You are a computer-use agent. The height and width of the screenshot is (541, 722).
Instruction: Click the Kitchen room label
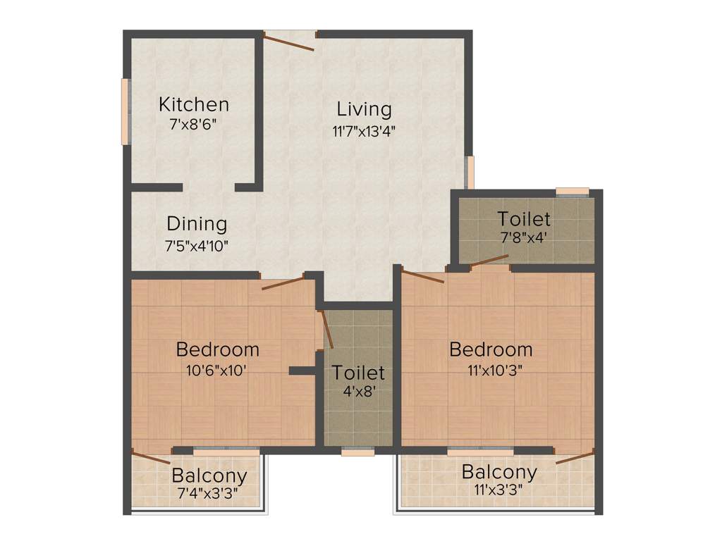pyautogui.click(x=194, y=105)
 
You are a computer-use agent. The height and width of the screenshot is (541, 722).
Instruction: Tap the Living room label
pyautogui.click(x=364, y=109)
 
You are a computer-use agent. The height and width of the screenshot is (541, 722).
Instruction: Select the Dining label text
pyautogui.click(x=197, y=225)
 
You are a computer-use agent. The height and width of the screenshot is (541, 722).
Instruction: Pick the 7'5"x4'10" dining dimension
pyautogui.click(x=197, y=246)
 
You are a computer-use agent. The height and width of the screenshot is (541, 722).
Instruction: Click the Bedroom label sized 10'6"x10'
pyautogui.click(x=217, y=349)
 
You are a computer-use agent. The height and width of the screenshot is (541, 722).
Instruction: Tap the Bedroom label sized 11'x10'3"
pyautogui.click(x=491, y=349)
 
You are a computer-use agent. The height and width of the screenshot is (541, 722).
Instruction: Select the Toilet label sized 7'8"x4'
pyautogui.click(x=524, y=218)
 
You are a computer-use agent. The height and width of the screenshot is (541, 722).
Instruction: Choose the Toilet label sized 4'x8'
pyautogui.click(x=358, y=372)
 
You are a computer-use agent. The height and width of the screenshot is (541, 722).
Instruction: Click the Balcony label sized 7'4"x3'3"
pyautogui.click(x=209, y=475)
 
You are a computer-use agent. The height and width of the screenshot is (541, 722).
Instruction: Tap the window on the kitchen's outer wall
pyautogui.click(x=126, y=111)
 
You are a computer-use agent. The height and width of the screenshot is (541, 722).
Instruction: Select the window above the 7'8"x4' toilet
pyautogui.click(x=572, y=191)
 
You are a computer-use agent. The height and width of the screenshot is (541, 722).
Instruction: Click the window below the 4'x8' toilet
pyautogui.click(x=357, y=452)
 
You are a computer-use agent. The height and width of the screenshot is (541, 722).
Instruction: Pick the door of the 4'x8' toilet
pyautogui.click(x=326, y=328)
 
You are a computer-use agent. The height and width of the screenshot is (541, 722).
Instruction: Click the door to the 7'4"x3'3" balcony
pyautogui.click(x=151, y=456)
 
